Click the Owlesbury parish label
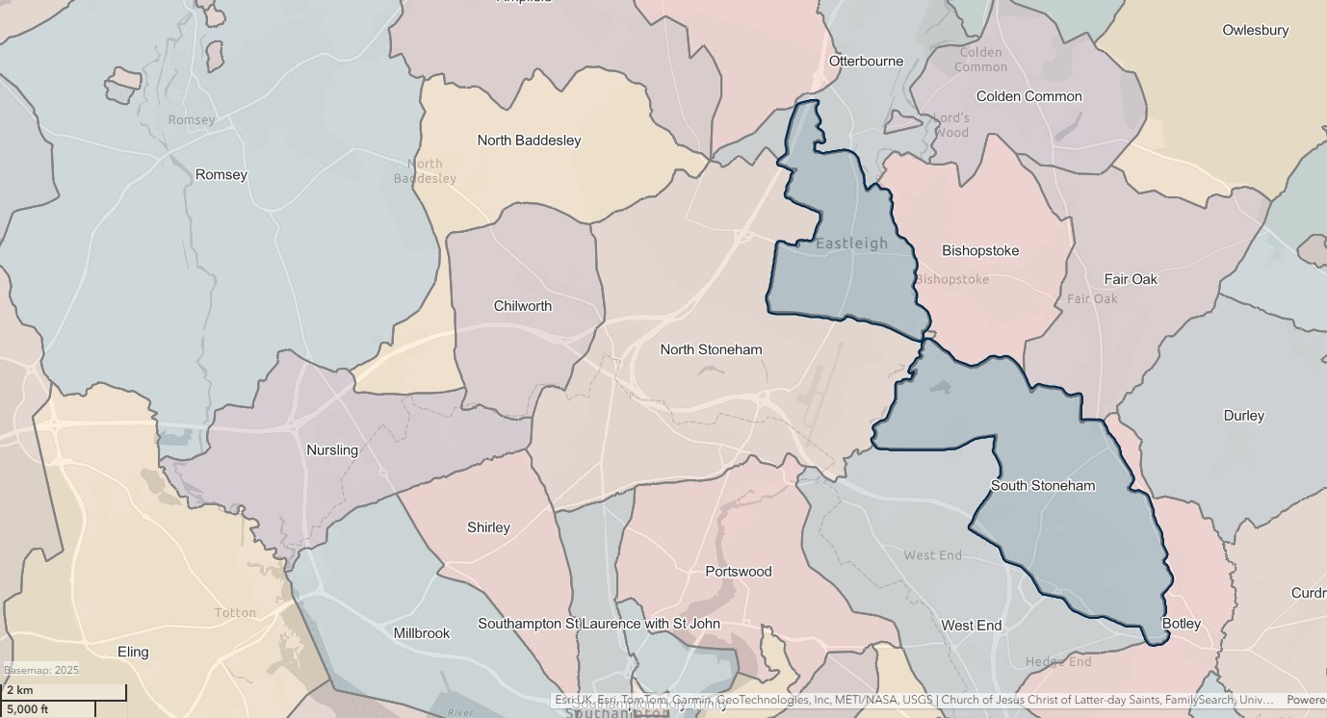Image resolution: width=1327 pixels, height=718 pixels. [1255, 30]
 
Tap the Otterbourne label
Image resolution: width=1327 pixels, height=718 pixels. [867, 61]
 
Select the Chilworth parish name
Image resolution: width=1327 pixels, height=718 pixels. [522, 306]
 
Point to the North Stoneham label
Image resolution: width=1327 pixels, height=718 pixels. [711, 349]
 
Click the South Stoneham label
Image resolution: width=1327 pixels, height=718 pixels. [1042, 485]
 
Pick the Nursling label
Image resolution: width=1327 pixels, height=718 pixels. [331, 449]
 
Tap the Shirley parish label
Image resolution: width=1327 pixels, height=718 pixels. [488, 527]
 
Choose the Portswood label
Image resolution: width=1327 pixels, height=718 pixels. [738, 571]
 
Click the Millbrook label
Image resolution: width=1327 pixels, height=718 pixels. [421, 633]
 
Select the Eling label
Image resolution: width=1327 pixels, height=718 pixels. [133, 652]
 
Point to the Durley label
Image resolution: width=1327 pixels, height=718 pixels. [1243, 416]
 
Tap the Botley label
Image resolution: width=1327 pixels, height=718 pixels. [1181, 624]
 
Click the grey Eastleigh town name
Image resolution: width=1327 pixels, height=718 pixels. [851, 244]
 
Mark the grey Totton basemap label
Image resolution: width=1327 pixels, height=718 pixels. [235, 612]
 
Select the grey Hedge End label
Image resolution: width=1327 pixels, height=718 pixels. [1058, 661]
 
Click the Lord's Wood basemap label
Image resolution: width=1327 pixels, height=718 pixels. [951, 125]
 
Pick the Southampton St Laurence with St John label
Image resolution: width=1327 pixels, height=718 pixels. [599, 624]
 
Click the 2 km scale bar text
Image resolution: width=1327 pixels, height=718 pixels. [19, 690]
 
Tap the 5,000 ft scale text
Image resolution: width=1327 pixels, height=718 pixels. [27, 709]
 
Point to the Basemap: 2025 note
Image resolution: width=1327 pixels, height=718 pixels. [41, 670]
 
